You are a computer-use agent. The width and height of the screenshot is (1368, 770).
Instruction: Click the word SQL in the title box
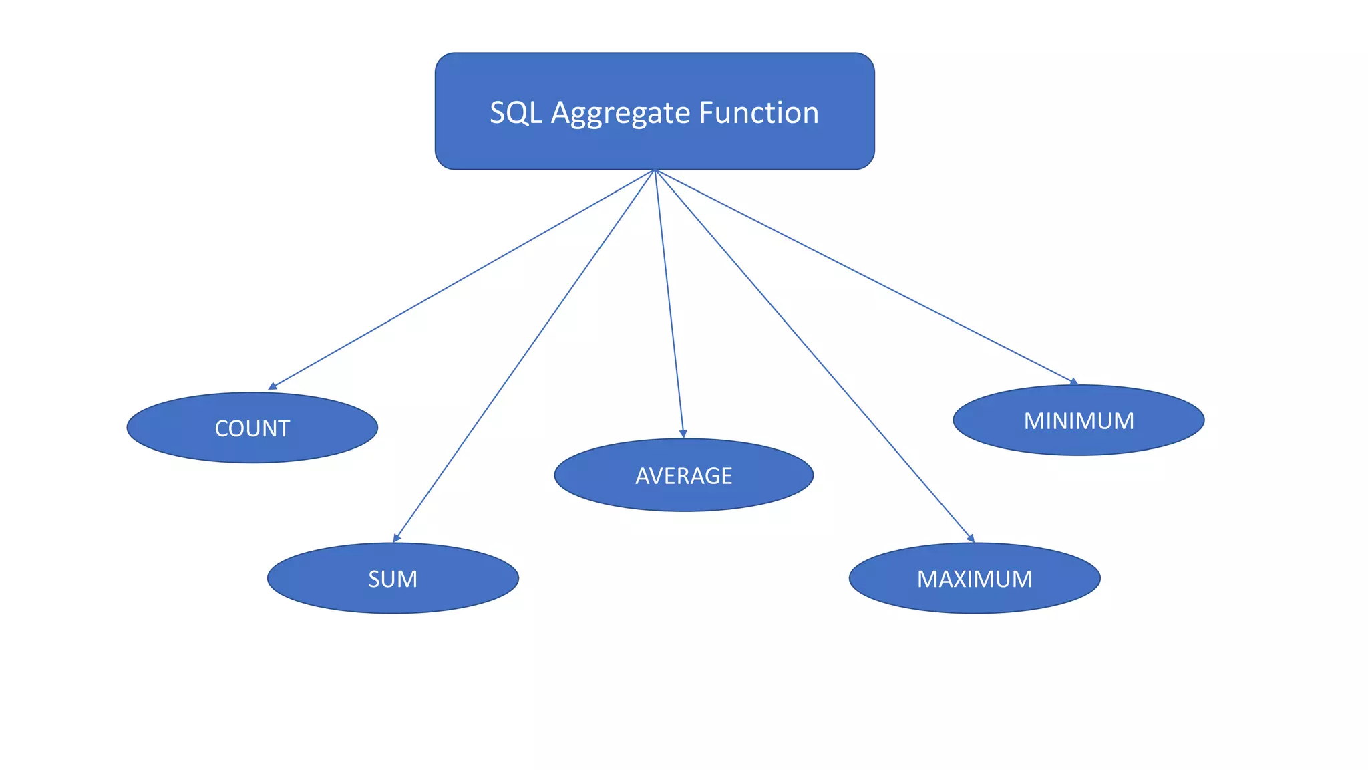click(516, 113)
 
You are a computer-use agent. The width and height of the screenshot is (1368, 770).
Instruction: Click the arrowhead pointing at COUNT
click(272, 386)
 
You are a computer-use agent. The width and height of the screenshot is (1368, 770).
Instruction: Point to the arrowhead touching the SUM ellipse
click(396, 538)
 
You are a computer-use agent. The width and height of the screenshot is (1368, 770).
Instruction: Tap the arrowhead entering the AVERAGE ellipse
click(683, 434)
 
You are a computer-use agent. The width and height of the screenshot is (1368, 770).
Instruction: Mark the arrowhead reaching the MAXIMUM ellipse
click(971, 538)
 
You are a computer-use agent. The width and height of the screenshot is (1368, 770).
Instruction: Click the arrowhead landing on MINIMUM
click(1074, 382)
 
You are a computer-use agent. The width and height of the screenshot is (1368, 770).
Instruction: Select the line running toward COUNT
click(461, 279)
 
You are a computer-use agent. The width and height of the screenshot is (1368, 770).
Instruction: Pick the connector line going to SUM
click(524, 355)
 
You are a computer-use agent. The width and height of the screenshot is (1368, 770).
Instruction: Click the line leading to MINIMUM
click(865, 276)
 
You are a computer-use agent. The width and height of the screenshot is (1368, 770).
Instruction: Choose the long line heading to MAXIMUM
click(814, 355)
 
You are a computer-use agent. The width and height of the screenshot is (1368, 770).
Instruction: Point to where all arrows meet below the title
click(655, 170)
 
